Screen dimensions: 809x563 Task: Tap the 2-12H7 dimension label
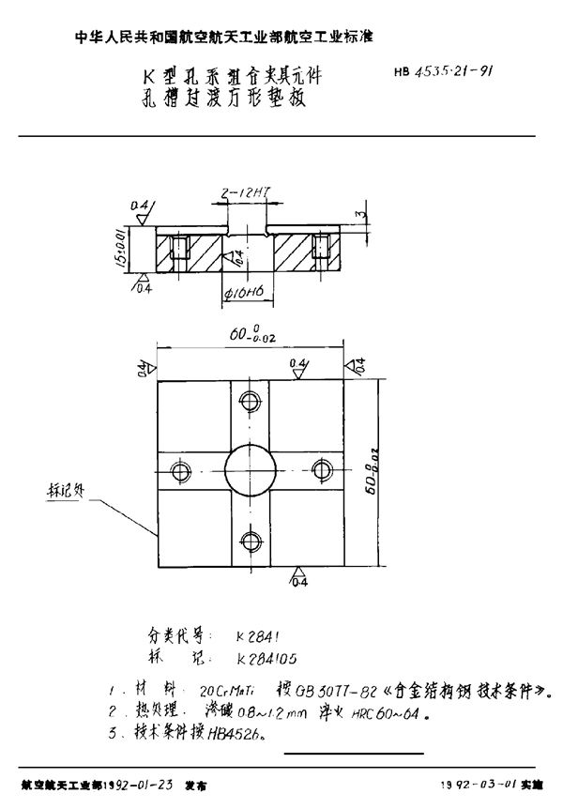(240, 192)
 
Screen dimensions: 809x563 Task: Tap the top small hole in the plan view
(250, 402)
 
